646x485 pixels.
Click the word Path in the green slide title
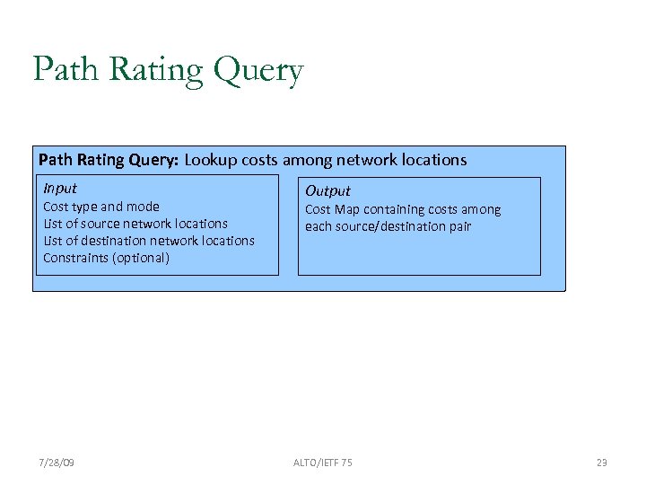(x=62, y=69)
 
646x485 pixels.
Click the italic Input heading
(x=60, y=188)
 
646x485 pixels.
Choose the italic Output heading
(x=327, y=190)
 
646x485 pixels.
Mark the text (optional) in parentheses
(x=142, y=258)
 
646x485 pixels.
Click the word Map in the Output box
(x=346, y=209)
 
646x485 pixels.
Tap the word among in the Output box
(x=483, y=209)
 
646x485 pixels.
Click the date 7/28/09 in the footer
(x=57, y=462)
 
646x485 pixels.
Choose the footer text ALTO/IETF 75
(x=322, y=462)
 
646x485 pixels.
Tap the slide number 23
(x=601, y=462)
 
